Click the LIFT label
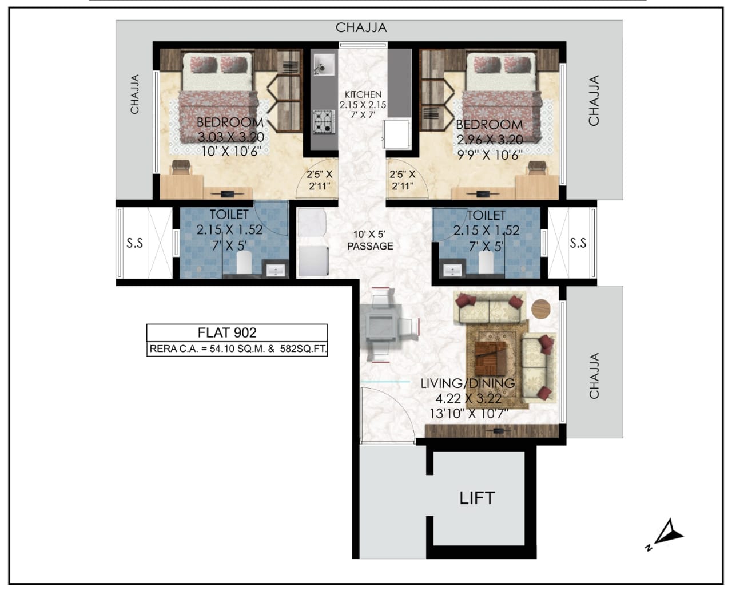click(x=477, y=498)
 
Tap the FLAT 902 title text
click(x=227, y=332)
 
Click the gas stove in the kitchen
click(x=323, y=122)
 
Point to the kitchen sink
click(x=324, y=64)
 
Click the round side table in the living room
click(x=540, y=308)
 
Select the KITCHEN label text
click(x=363, y=94)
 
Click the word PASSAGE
click(x=370, y=246)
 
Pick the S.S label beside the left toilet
click(x=134, y=243)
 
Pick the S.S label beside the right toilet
click(x=578, y=243)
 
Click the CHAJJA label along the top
click(x=361, y=28)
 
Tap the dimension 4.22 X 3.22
click(x=468, y=399)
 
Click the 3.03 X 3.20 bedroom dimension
click(x=231, y=137)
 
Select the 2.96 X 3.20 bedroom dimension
click(x=490, y=140)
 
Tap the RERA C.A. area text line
click(x=238, y=349)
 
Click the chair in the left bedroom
click(x=181, y=167)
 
